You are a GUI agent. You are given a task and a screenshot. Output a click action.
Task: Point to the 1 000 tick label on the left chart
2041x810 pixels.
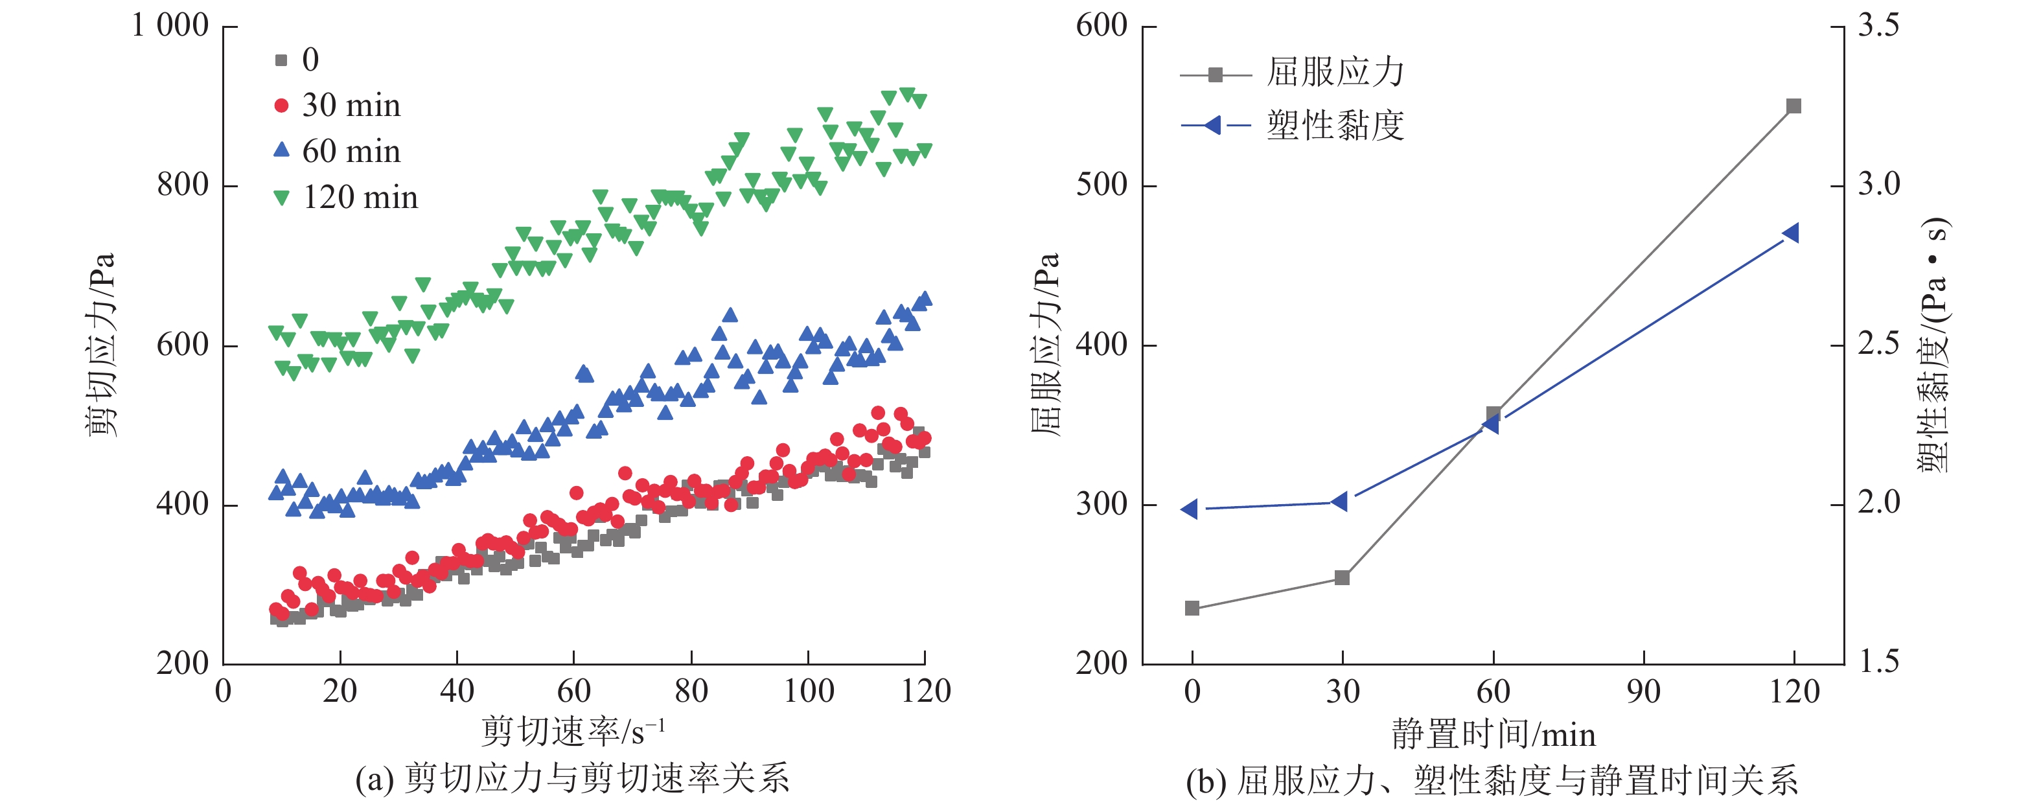point(170,26)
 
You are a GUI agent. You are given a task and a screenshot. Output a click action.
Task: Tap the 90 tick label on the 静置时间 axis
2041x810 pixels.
point(1643,692)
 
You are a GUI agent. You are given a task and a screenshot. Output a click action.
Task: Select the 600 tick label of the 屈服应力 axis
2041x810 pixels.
point(1101,26)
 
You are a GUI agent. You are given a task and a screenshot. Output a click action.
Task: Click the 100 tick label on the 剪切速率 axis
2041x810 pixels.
point(808,692)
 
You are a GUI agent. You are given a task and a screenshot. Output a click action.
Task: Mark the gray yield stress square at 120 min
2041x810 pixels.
point(1793,106)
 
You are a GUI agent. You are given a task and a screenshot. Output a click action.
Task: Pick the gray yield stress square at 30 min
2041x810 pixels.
point(1342,578)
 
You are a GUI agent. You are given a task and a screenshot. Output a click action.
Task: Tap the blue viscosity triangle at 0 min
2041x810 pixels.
point(1189,509)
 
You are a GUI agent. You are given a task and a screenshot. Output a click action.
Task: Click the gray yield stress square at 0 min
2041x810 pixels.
point(1192,608)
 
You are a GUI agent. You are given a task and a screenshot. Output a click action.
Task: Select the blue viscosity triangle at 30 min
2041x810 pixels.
point(1340,502)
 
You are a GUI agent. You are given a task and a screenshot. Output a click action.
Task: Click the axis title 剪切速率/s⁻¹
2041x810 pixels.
point(573,732)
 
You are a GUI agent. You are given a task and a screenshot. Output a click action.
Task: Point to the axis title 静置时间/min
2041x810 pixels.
point(1493,735)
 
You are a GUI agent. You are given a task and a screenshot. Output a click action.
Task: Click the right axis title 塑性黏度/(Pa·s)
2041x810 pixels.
point(1933,345)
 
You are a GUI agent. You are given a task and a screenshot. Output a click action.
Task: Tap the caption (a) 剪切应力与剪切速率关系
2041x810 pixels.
point(572,779)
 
